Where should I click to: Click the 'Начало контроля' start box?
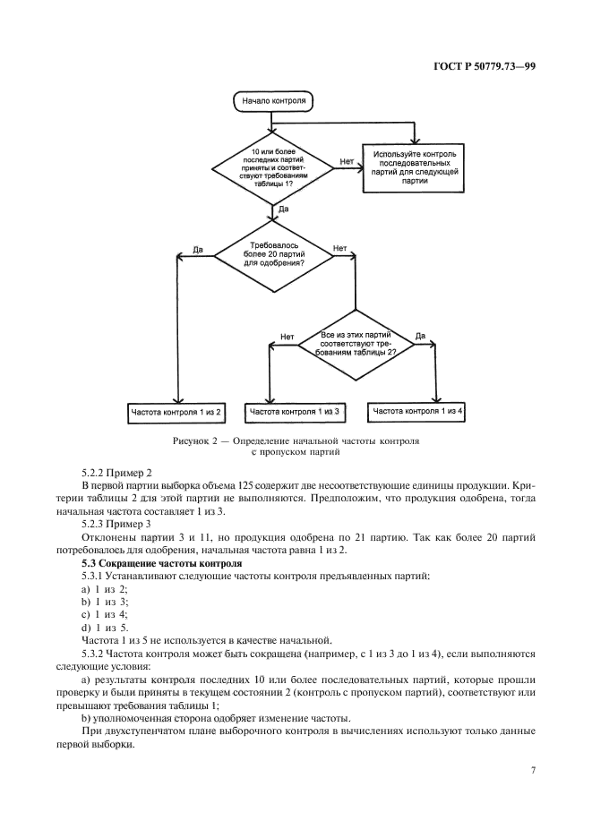pos(273,101)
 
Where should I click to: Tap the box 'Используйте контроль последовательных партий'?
pos(415,167)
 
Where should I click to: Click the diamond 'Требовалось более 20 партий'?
pos(272,255)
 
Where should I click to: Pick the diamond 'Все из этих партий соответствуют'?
pos(354,343)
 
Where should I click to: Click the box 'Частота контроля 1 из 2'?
pos(177,412)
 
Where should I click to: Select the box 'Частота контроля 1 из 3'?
pos(295,412)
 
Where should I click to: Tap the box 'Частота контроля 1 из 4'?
pos(418,411)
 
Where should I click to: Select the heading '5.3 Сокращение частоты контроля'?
pos(161,563)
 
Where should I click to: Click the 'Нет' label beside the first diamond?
pos(346,161)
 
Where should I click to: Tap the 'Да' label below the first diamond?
pos(283,209)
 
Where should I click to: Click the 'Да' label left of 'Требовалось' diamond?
pos(198,250)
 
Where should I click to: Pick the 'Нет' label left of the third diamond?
pos(287,338)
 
